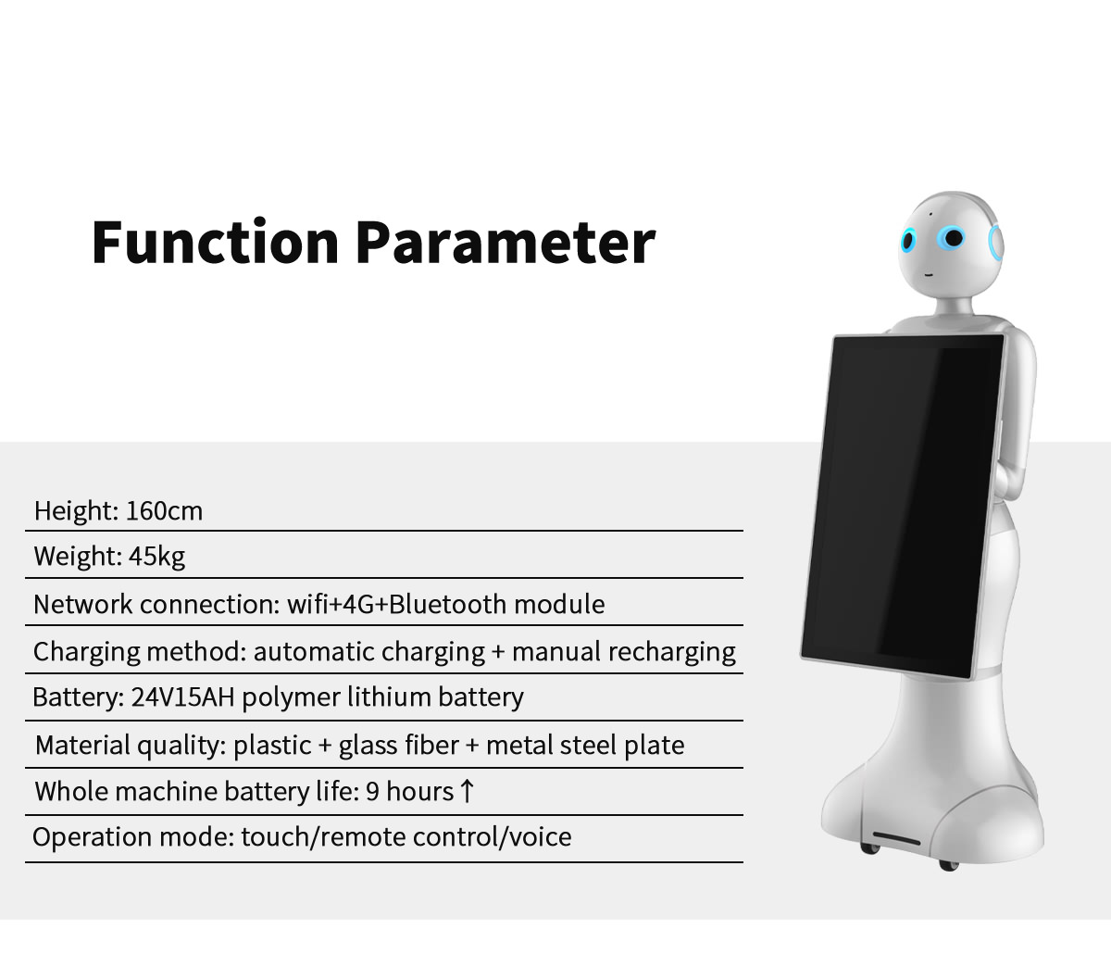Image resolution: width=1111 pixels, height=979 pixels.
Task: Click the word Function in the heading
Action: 215,242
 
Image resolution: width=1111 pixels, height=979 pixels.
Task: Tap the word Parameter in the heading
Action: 506,242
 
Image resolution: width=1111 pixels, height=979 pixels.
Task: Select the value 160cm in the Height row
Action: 164,511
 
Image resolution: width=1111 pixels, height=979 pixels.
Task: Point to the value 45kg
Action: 156,557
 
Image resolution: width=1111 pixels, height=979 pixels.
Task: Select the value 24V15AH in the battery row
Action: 182,697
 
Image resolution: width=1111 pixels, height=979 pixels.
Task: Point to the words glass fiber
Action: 399,746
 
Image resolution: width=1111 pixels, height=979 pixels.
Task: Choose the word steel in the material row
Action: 588,746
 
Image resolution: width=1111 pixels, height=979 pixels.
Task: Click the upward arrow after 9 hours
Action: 467,791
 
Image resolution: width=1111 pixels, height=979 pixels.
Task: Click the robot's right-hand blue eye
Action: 953,238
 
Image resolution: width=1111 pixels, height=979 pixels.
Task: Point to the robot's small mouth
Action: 928,274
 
